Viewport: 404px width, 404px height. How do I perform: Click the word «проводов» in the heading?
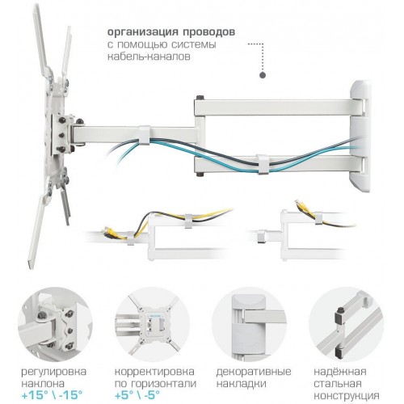[x=209, y=32]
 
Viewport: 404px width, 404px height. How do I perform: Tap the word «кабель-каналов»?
[x=149, y=57]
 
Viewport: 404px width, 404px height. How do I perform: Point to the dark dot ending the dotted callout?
[x=263, y=75]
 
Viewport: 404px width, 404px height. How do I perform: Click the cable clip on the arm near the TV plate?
[x=145, y=135]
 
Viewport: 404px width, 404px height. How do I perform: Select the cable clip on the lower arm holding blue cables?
[x=263, y=164]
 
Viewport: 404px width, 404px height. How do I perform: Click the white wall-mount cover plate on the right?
[x=360, y=136]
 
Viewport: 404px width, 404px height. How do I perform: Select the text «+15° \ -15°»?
[x=52, y=395]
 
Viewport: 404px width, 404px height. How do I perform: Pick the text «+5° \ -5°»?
[x=137, y=395]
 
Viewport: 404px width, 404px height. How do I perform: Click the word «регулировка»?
[x=54, y=372]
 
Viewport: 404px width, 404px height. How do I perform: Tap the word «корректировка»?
[x=154, y=372]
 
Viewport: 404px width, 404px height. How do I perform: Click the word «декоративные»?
[x=254, y=372]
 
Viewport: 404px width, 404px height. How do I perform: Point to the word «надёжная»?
[x=340, y=372]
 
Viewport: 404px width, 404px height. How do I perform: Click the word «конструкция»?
[x=347, y=396]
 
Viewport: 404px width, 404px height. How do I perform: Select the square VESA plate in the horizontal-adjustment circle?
[x=153, y=324]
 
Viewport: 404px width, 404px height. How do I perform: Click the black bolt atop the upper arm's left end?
[x=200, y=97]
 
